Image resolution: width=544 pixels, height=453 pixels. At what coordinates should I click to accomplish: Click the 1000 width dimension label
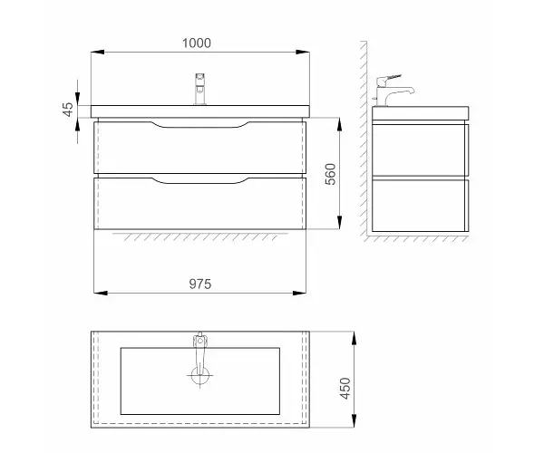click(x=197, y=43)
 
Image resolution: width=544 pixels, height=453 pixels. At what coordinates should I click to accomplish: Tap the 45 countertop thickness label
click(x=68, y=110)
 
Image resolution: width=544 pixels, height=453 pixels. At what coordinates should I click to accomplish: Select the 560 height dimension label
click(x=331, y=174)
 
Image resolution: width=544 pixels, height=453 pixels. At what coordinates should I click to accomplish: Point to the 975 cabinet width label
click(x=200, y=284)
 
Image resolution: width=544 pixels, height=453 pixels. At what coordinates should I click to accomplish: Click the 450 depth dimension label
click(x=345, y=388)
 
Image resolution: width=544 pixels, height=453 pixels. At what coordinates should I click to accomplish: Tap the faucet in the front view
click(x=200, y=89)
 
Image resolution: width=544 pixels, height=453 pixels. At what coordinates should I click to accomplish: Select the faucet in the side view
click(x=392, y=91)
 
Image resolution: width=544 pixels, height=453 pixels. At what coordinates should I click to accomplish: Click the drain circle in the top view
click(x=199, y=376)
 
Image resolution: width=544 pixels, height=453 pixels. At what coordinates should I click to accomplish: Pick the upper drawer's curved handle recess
click(x=200, y=125)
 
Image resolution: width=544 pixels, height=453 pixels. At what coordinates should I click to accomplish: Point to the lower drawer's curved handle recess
click(x=200, y=180)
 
